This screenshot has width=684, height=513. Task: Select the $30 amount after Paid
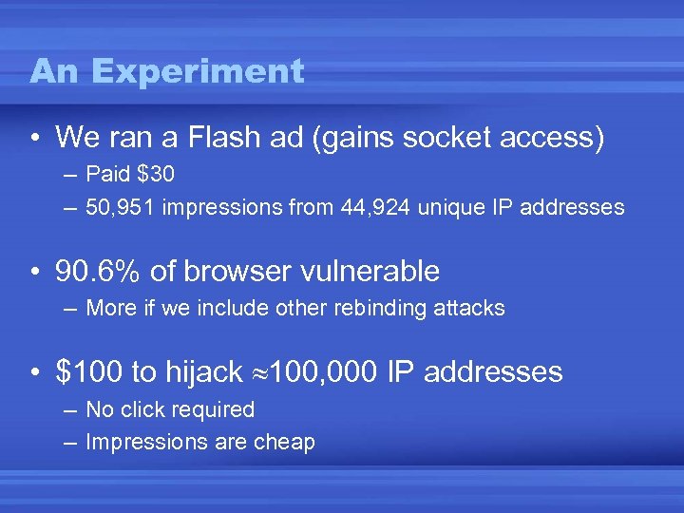(x=155, y=175)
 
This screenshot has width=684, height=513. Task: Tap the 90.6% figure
(x=99, y=272)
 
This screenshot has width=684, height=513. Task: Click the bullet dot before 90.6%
(x=34, y=273)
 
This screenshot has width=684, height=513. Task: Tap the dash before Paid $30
(x=71, y=176)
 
